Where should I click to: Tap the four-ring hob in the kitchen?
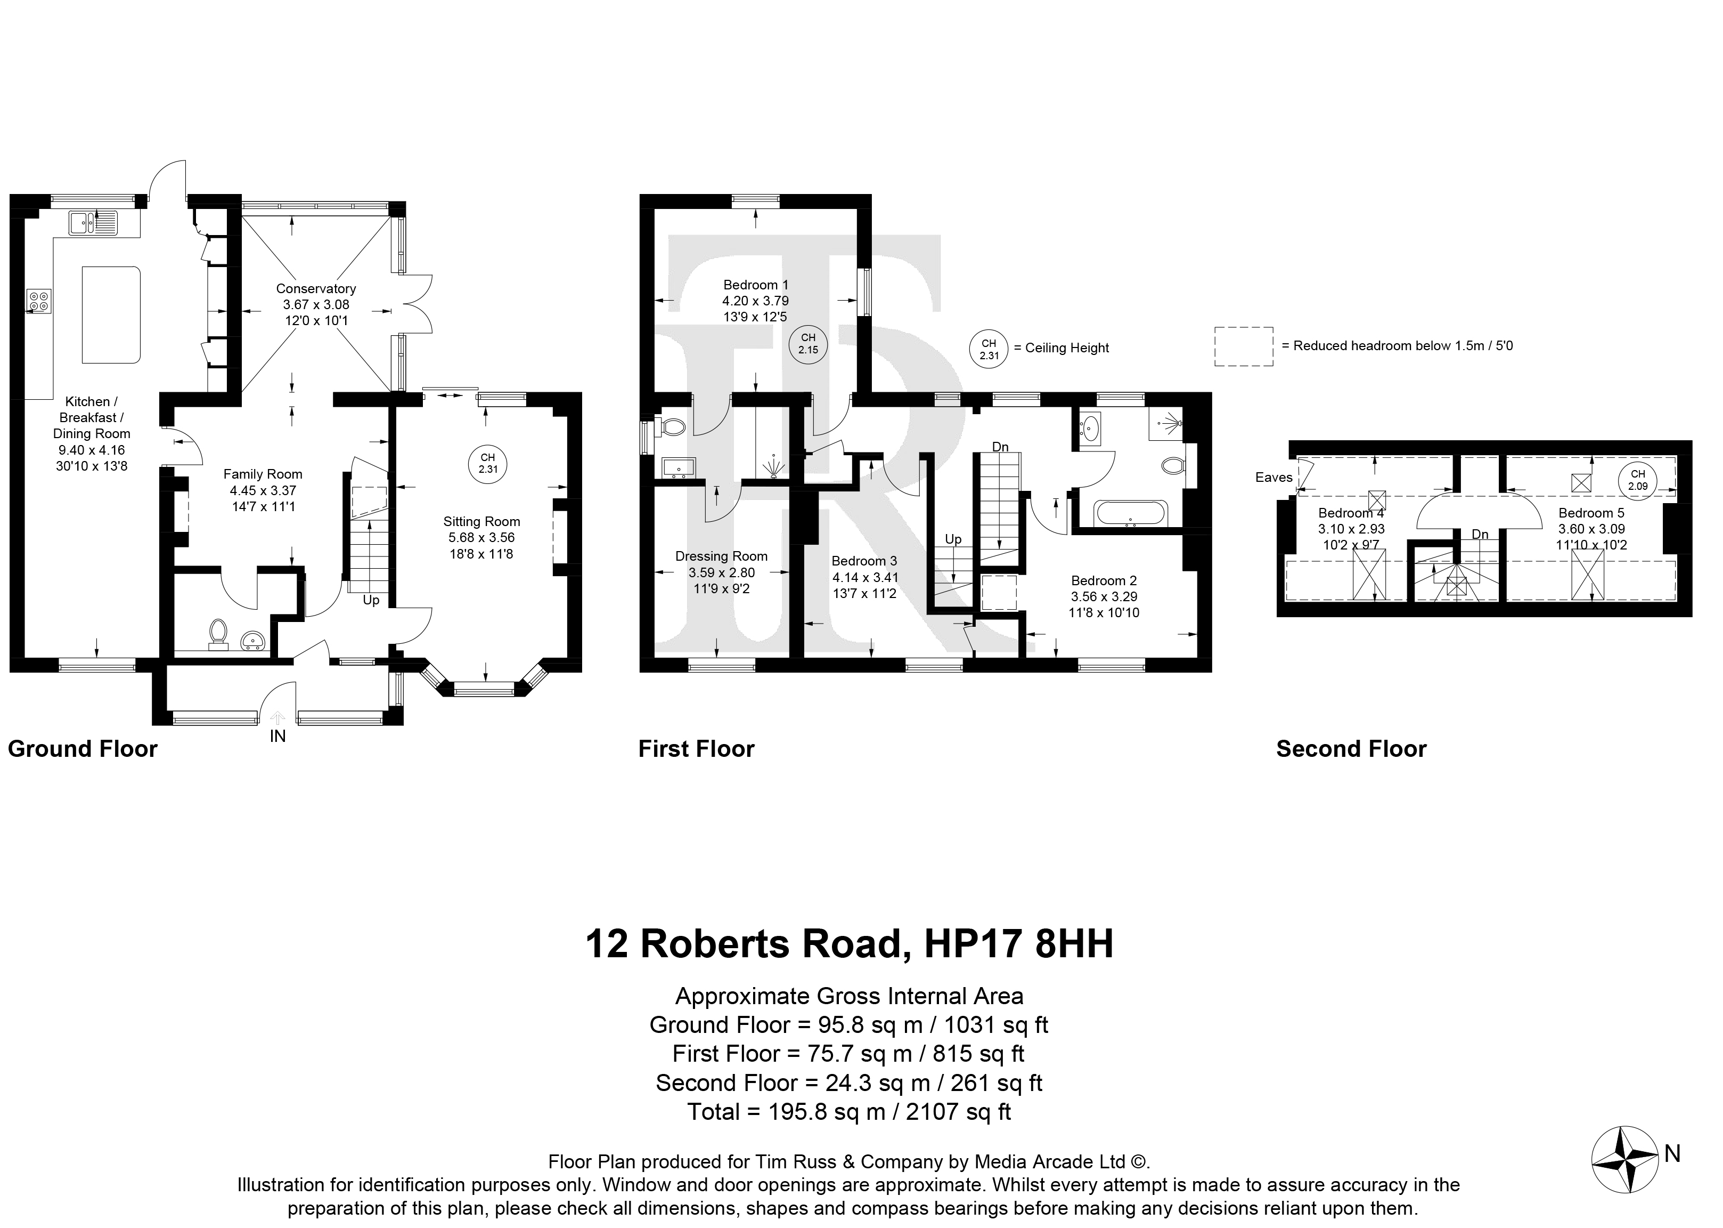39,301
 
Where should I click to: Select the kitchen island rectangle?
110,314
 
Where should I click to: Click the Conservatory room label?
316,288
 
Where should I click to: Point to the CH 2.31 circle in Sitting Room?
487,463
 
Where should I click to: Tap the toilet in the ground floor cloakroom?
218,634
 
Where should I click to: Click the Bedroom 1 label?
756,284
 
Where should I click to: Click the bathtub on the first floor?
1131,513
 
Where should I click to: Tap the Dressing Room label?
721,556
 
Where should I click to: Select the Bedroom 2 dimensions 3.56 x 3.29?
1104,596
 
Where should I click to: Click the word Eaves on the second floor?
1274,477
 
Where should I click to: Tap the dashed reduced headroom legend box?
1244,346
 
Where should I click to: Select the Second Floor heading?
1351,749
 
